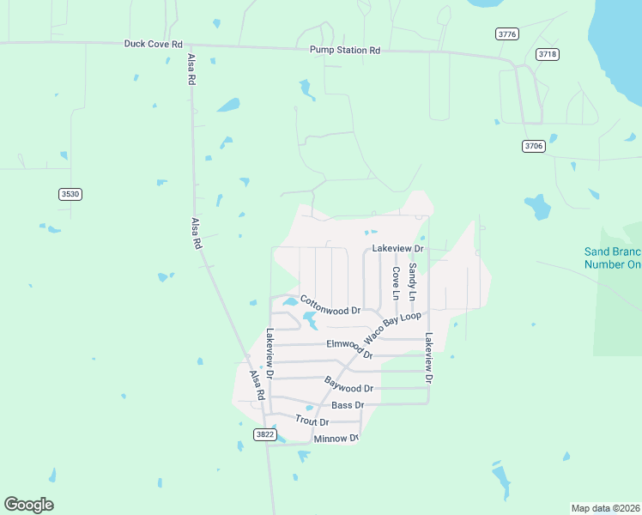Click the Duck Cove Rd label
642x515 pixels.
pos(154,43)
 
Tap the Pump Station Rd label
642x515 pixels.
pos(345,51)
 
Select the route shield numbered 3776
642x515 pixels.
pos(507,33)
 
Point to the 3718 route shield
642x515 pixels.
pos(548,54)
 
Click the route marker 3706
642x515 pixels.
pos(533,146)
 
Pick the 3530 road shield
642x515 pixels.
pos(70,194)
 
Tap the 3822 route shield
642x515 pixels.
pos(265,435)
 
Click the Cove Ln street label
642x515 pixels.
pos(396,283)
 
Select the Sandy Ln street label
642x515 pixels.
pos(412,281)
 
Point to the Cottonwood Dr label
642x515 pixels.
pos(330,305)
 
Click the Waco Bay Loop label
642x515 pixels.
pos(392,326)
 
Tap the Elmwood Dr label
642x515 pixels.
pos(349,348)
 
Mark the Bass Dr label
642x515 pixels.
pos(348,404)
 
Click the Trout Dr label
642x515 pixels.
pos(312,421)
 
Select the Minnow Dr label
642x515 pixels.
pos(336,439)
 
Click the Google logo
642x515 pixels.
pos(28,505)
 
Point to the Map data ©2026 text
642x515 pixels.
pos(605,507)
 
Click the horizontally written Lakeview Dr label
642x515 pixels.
pos(398,248)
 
